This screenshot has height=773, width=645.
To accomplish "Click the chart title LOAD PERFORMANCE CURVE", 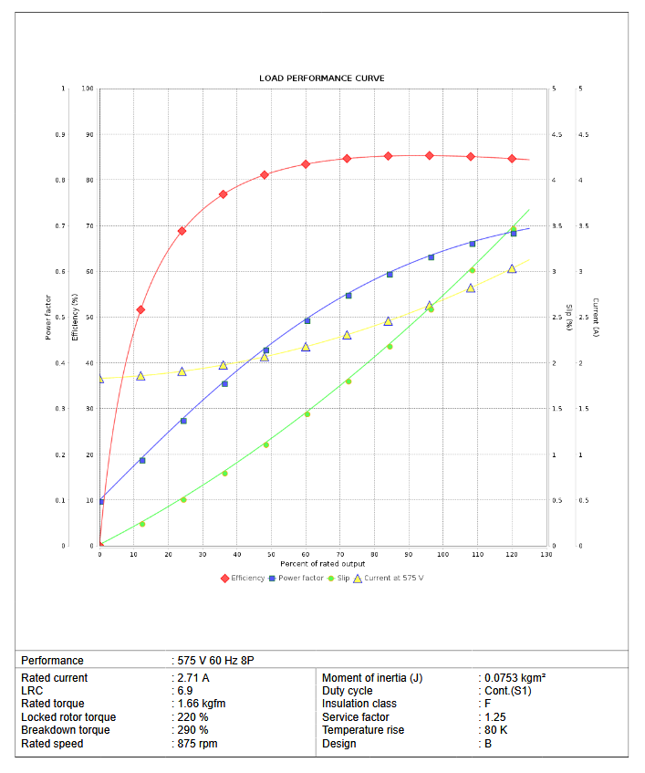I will pos(321,78).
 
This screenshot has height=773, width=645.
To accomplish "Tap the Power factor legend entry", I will pos(300,578).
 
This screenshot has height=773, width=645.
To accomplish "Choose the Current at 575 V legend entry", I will pos(393,578).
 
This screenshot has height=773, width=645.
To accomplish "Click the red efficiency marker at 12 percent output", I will pos(140,310).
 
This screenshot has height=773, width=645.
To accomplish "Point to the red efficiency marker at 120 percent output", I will pos(512,159).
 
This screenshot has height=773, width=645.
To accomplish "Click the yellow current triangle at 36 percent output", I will pos(224,365).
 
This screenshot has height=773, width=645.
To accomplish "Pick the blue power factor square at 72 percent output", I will pos(349,296).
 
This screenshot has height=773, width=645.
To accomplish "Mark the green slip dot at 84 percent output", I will pos(390,347).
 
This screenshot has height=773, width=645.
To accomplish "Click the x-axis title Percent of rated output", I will pos(322,564).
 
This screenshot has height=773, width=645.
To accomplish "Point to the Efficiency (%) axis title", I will pos(75,318).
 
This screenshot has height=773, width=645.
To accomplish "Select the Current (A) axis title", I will pos(595,318).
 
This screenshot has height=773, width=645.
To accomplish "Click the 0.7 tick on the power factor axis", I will pos(63,226).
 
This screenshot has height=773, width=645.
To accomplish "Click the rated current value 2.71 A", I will pos(193,678).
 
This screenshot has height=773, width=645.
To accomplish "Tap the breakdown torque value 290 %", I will pos(193,730).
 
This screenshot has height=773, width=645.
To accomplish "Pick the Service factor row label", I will pos(355,717).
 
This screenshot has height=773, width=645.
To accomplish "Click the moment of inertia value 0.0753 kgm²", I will pos(515,678).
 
